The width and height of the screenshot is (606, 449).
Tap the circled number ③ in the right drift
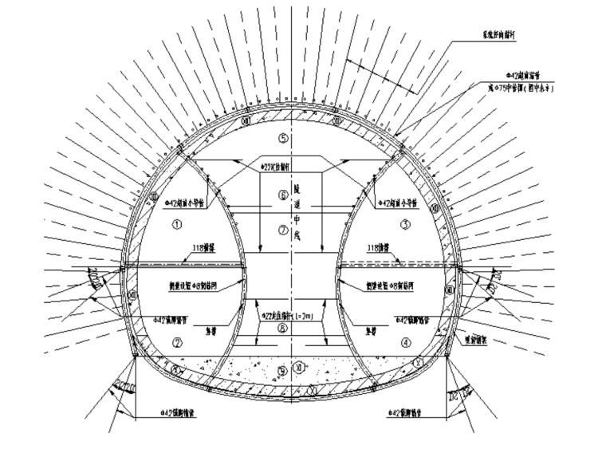406,224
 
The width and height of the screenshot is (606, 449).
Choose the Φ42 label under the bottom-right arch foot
410,413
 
